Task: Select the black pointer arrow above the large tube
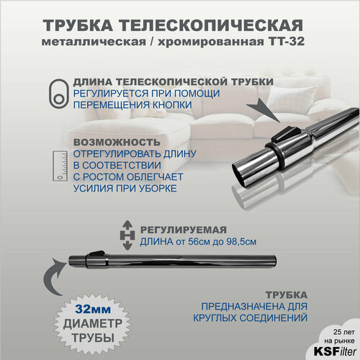271,109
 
